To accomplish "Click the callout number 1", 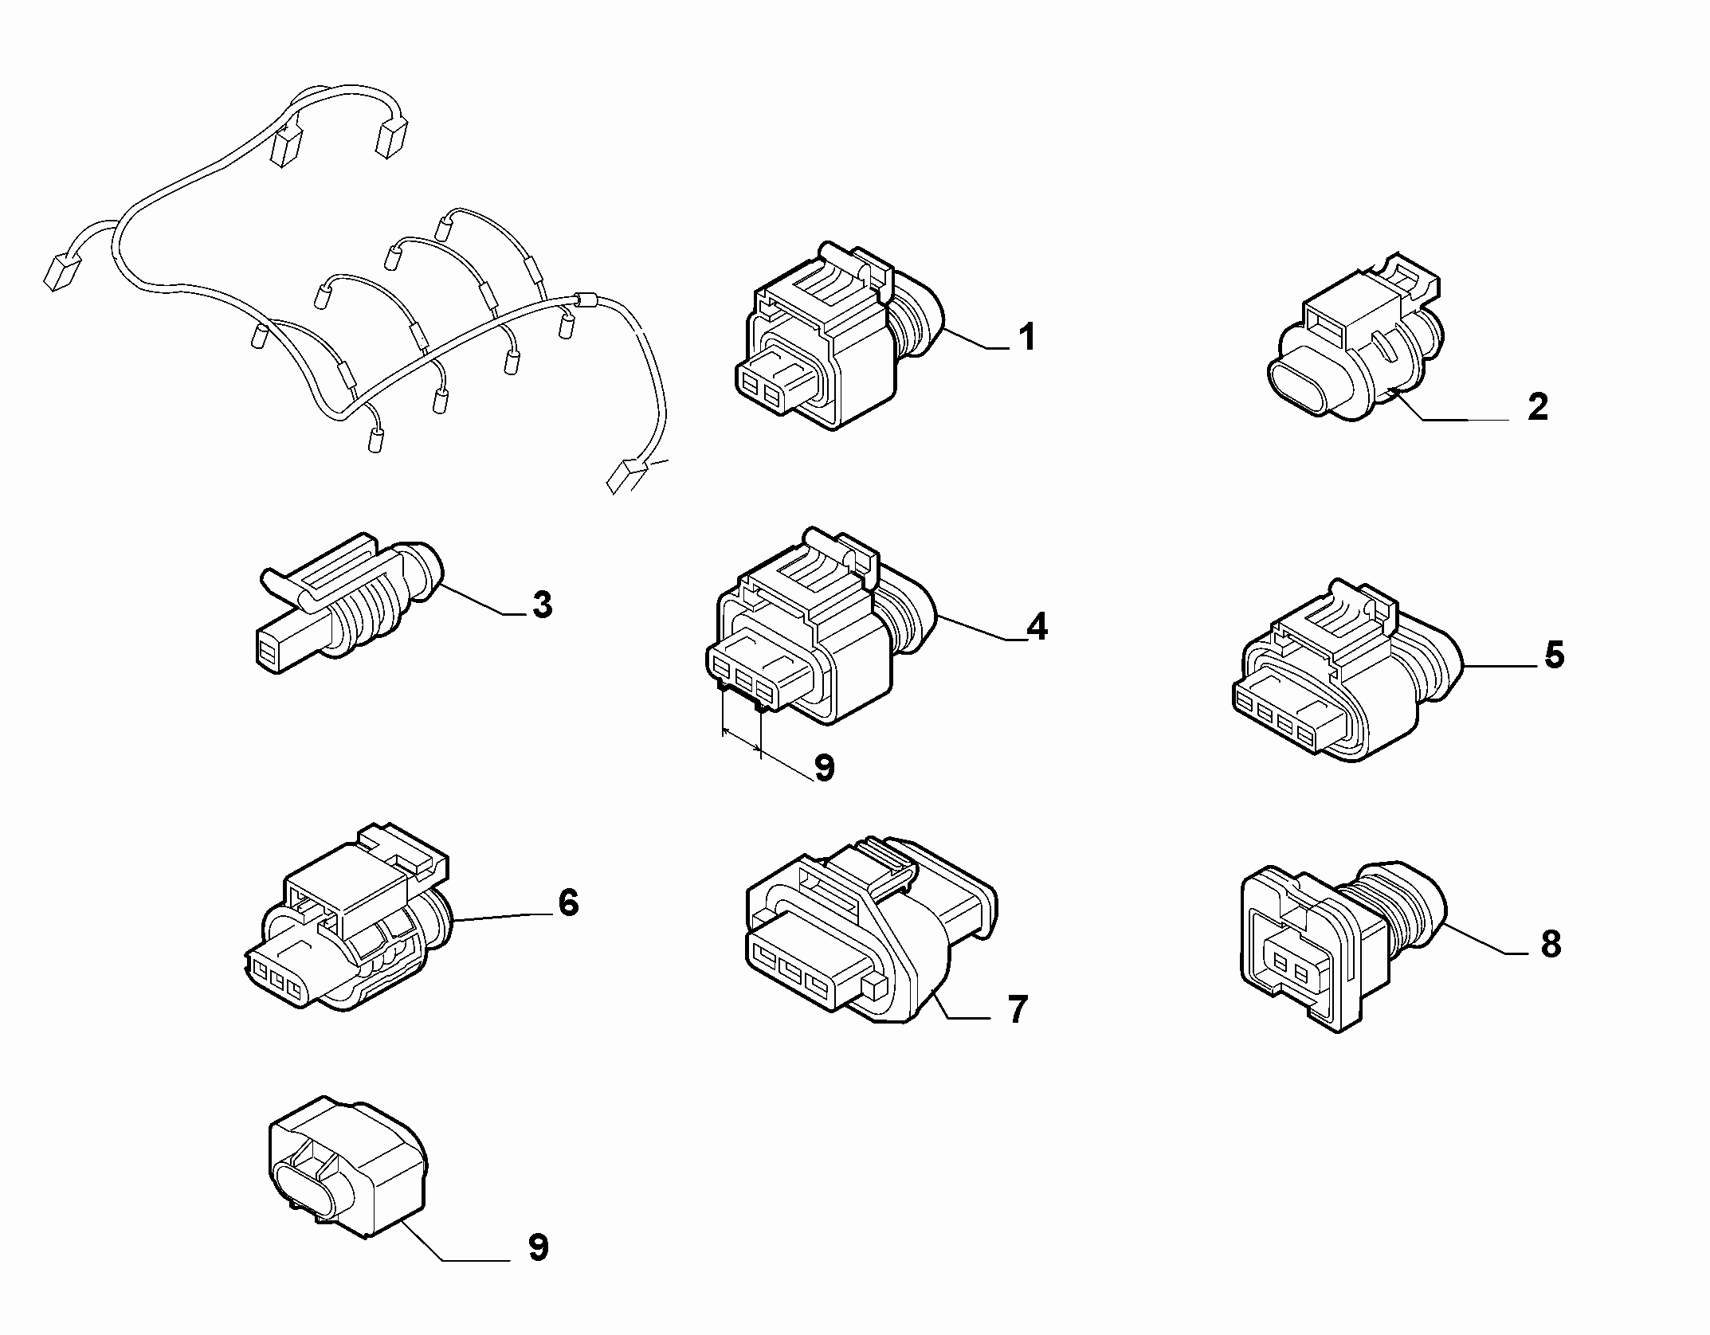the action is pos(1028,337).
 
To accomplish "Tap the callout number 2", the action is pos(1537,407).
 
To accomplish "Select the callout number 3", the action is pos(543,605).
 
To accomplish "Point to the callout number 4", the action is pos(1037,628).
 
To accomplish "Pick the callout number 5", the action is pos(1554,655).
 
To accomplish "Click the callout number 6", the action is pos(567,902).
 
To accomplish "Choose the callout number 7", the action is pos(1018,1009).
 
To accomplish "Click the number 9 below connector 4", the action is pos(824,768).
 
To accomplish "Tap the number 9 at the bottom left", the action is pos(538,1247).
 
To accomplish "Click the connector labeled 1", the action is pos(837,335).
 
